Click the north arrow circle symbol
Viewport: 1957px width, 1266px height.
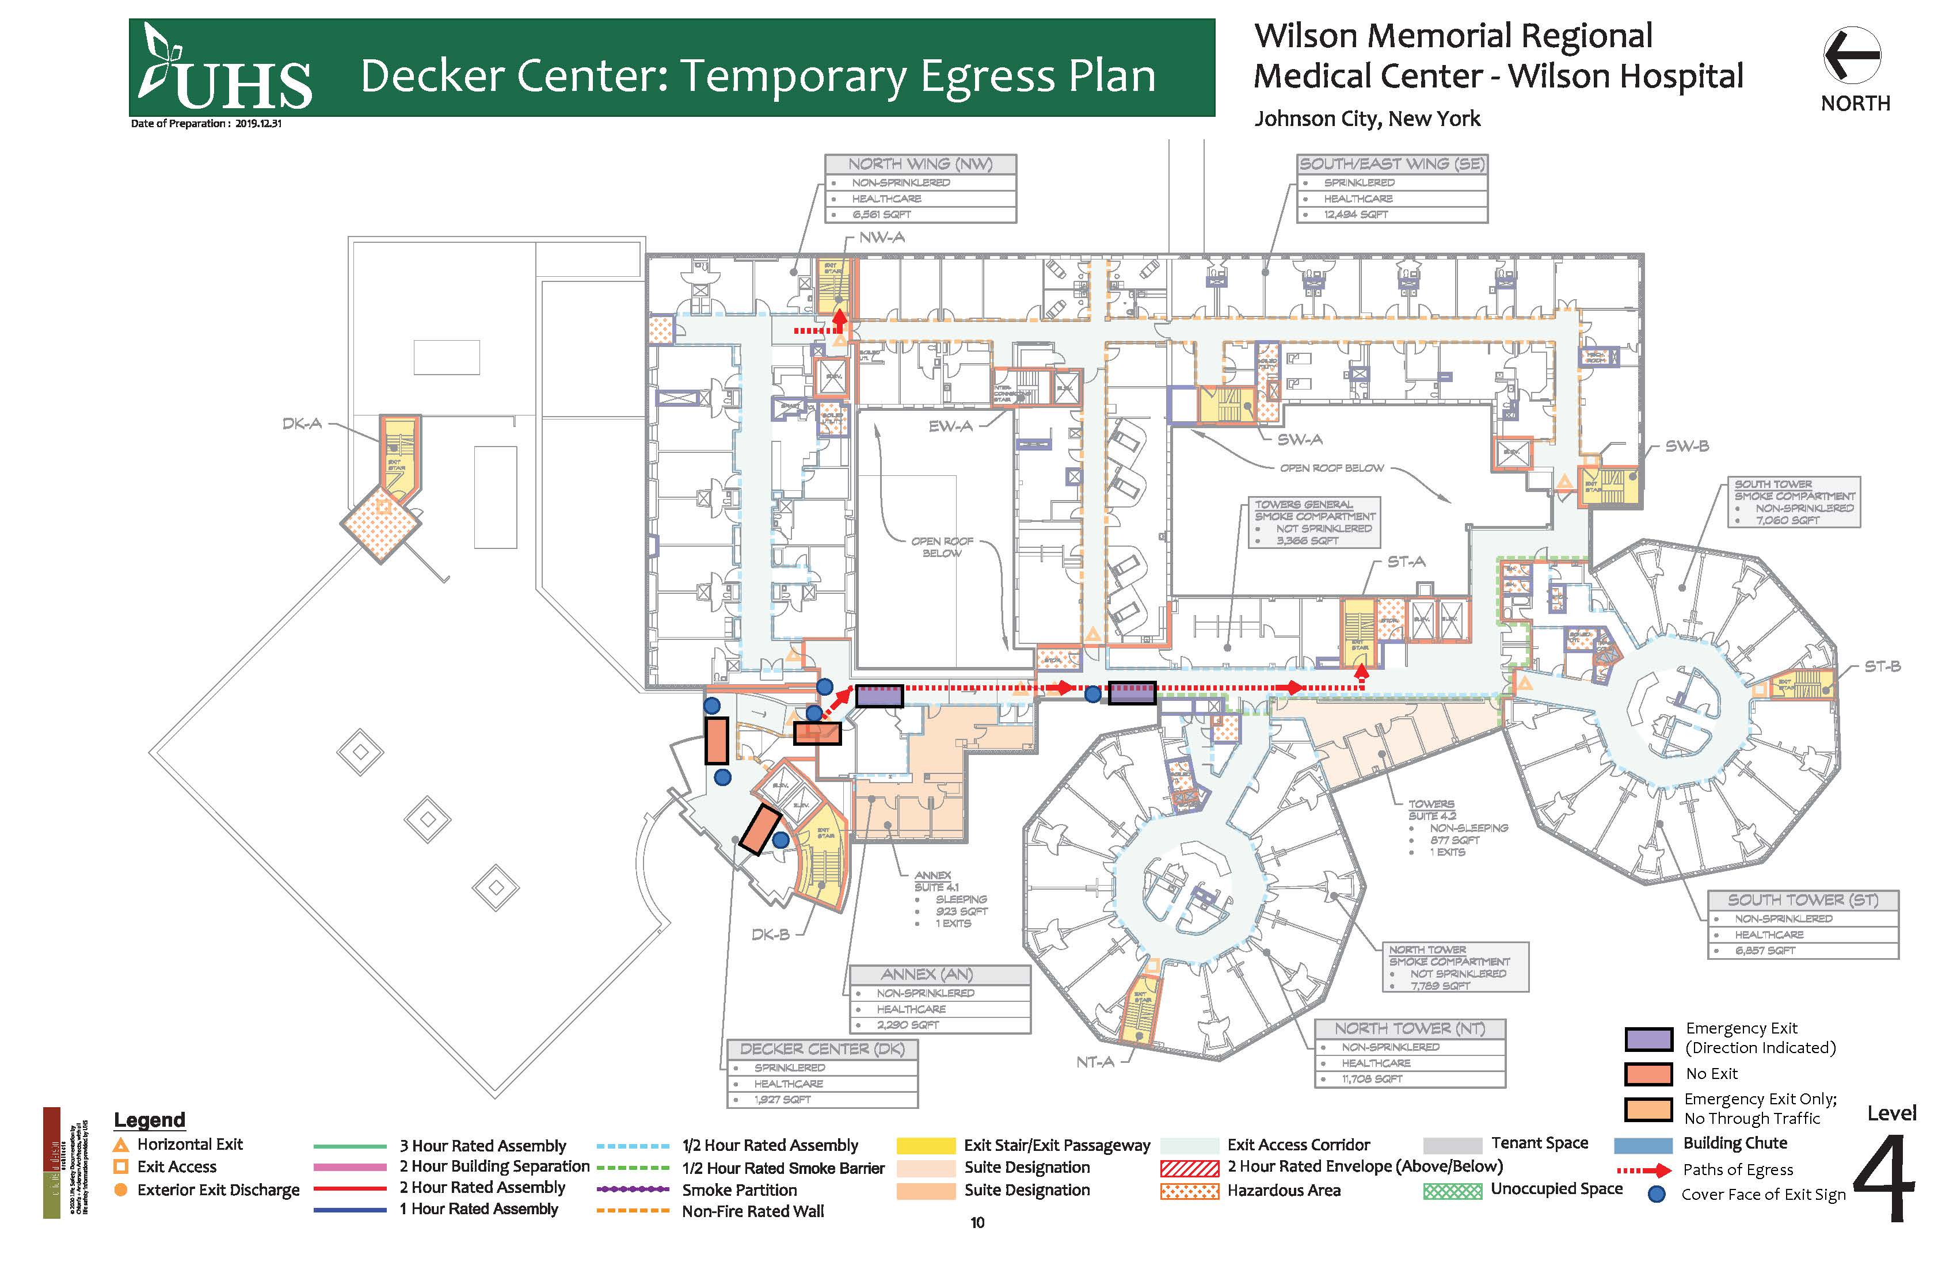(1851, 55)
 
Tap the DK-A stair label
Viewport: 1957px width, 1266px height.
(302, 424)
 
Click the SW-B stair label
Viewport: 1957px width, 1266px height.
(1686, 447)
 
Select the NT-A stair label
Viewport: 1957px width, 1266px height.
(1094, 1062)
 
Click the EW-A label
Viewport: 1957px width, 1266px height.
(950, 426)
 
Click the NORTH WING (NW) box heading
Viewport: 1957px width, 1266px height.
(920, 165)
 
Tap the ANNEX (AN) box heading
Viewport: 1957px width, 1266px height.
(927, 974)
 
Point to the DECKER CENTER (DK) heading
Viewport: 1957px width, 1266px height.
(821, 1049)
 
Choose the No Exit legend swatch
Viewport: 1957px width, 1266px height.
(1648, 1074)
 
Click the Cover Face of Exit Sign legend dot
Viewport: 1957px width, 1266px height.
(1657, 1195)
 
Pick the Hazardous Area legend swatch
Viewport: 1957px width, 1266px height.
(1189, 1191)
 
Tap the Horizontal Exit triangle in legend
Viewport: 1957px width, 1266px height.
(121, 1145)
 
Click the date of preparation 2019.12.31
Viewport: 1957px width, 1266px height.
(258, 124)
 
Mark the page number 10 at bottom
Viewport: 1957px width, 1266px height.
(977, 1222)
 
